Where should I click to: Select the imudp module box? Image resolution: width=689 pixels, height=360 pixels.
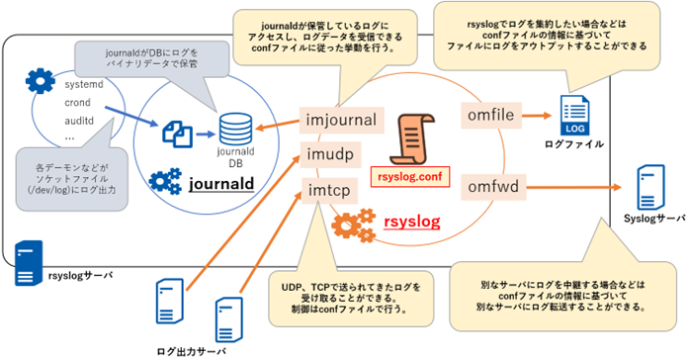click(330, 153)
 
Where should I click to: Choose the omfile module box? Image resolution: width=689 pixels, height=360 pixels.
click(490, 117)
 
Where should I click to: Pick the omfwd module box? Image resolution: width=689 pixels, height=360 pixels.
click(493, 185)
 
